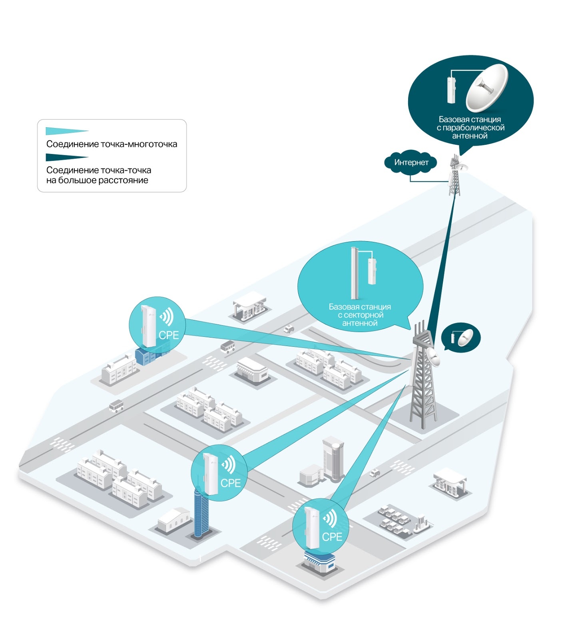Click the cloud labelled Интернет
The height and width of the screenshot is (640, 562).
(411, 162)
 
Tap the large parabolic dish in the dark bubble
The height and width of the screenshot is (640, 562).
(487, 88)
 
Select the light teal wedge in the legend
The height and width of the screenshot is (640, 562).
(66, 131)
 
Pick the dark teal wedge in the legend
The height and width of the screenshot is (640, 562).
(66, 157)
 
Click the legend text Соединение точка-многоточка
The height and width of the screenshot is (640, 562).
(112, 144)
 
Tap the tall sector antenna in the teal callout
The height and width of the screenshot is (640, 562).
(354, 273)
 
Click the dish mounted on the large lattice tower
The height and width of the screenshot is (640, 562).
(433, 355)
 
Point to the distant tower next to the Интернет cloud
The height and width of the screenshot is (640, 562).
(454, 176)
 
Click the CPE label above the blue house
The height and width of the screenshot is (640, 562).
(169, 335)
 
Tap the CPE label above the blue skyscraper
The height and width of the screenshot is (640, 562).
(231, 483)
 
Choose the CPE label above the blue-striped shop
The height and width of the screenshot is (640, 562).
(332, 537)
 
